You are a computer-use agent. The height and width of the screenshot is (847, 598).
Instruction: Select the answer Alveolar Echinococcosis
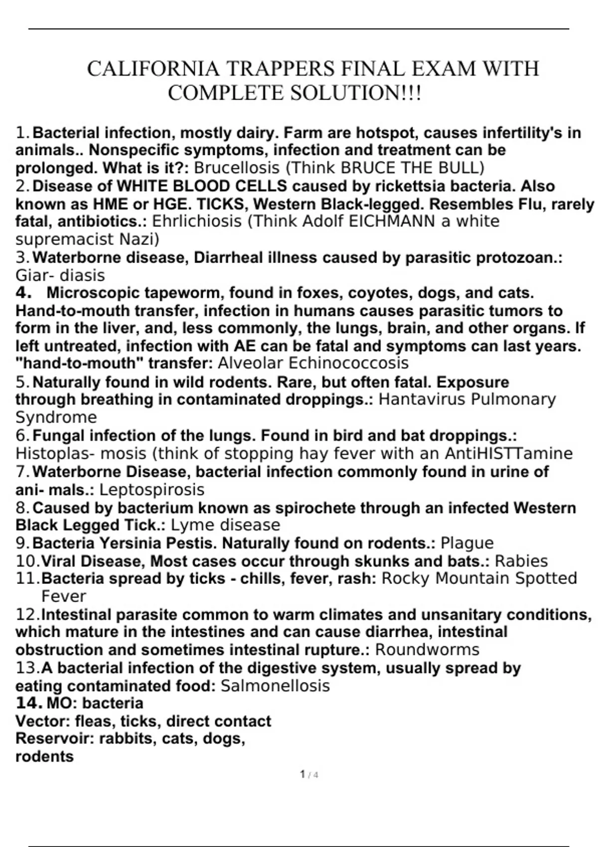pos(313,363)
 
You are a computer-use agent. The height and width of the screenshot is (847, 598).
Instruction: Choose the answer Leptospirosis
pos(152,490)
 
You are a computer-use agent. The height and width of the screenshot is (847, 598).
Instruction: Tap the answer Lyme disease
pos(225,525)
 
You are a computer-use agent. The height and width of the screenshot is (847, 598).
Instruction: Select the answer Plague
pos(467,543)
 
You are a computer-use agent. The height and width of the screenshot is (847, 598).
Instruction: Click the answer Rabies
pos(521,562)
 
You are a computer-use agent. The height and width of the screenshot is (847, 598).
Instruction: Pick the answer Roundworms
pos(427,650)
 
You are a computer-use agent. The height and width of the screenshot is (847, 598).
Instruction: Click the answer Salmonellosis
pos(275,686)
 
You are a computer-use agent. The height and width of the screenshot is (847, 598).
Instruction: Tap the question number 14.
pos(28,704)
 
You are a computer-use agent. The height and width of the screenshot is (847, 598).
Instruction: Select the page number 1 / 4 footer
pos(309,775)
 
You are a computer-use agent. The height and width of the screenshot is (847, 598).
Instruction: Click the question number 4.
pos(23,292)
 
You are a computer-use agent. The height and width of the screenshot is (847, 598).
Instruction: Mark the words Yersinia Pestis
pos(157,543)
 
